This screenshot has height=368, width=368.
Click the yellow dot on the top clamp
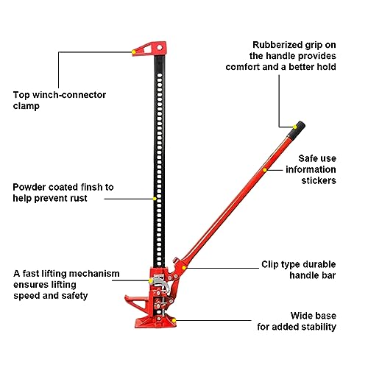[132, 52]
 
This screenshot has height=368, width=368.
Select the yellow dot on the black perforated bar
[154, 198]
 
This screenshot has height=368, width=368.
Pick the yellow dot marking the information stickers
[264, 170]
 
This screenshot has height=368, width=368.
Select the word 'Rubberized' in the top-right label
[275, 43]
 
